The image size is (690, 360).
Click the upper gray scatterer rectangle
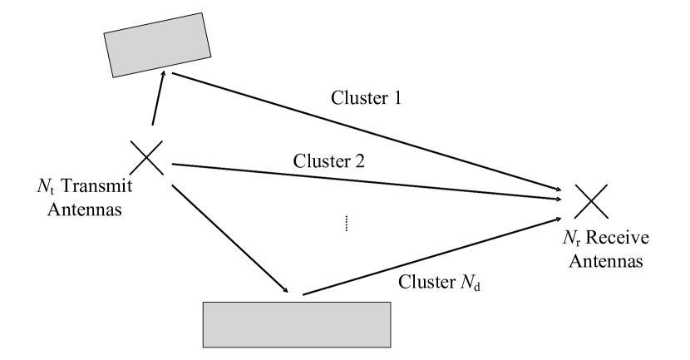[x=155, y=46]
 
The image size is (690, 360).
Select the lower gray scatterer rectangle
[x=297, y=323]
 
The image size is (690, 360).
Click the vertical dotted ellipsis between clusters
[x=346, y=222]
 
